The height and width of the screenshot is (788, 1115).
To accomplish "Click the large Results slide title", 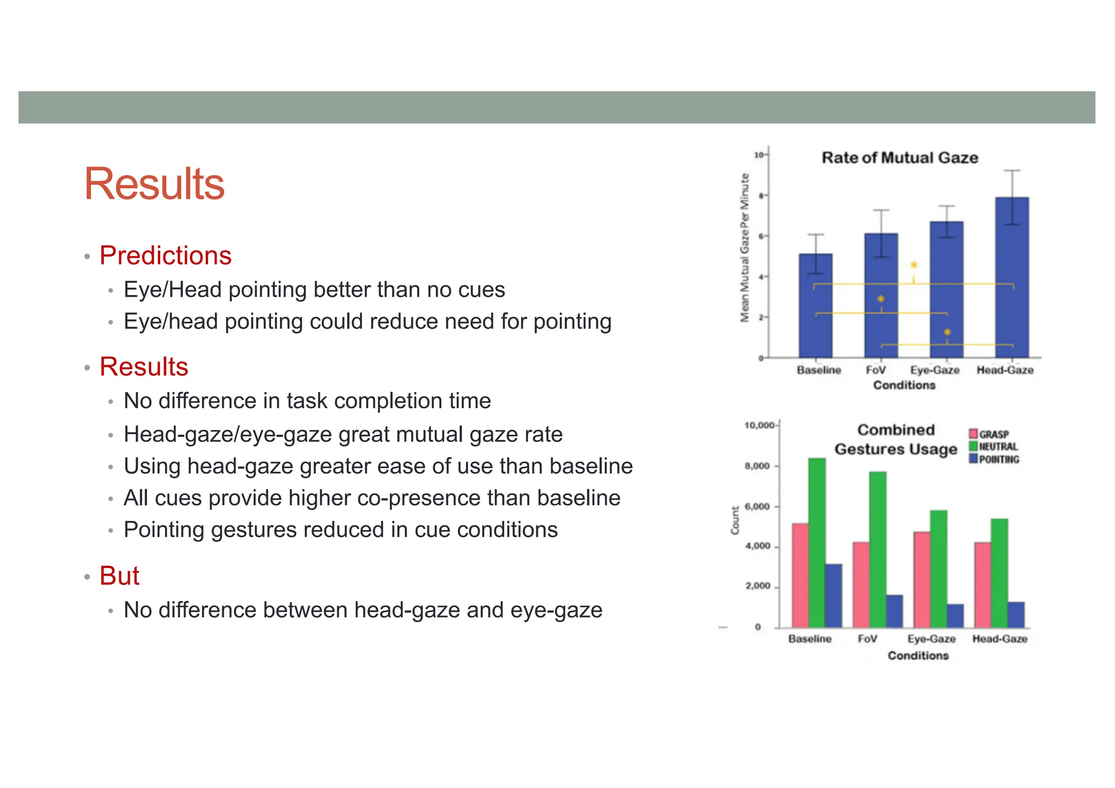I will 154,184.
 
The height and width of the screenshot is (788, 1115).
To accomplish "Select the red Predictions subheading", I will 166,255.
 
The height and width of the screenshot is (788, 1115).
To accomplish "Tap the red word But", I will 119,575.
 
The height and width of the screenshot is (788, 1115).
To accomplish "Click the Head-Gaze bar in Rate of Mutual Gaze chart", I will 1012,283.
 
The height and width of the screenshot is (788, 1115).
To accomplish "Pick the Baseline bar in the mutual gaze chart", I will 815,310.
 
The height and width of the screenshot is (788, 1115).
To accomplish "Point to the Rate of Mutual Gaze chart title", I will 899,158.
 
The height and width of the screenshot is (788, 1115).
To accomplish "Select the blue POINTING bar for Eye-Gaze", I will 955,615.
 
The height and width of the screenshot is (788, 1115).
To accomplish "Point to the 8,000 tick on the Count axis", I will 757,466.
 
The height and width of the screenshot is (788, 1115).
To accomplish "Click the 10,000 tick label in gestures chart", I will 759,426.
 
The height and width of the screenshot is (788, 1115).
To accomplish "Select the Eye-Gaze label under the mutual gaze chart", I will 935,370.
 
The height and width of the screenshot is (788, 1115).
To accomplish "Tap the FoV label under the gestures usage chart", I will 867,639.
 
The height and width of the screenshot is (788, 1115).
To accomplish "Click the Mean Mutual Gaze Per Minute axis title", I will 745,248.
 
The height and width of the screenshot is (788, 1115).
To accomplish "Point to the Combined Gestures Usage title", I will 896,440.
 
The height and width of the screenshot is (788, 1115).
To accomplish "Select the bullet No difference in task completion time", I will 307,401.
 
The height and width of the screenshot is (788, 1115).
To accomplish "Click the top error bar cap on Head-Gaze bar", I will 1012,171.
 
